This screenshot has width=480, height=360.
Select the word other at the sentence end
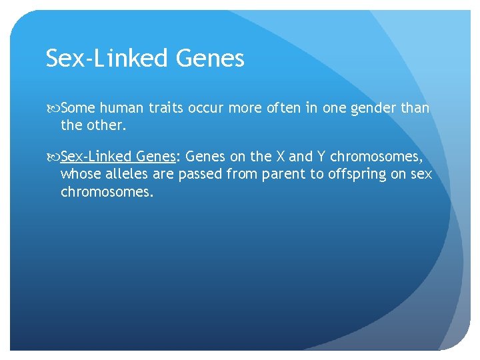tap(102, 125)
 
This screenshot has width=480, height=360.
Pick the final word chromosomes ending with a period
tap(107, 192)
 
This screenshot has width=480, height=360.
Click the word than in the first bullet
tap(415, 108)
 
